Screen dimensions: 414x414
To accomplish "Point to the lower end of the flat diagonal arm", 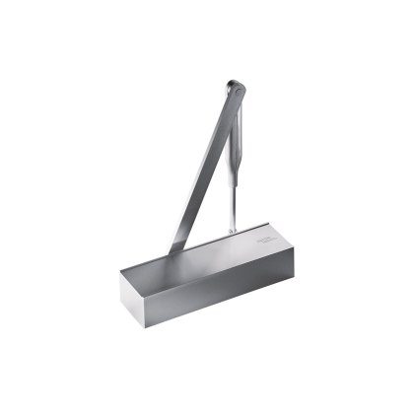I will [174, 246].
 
